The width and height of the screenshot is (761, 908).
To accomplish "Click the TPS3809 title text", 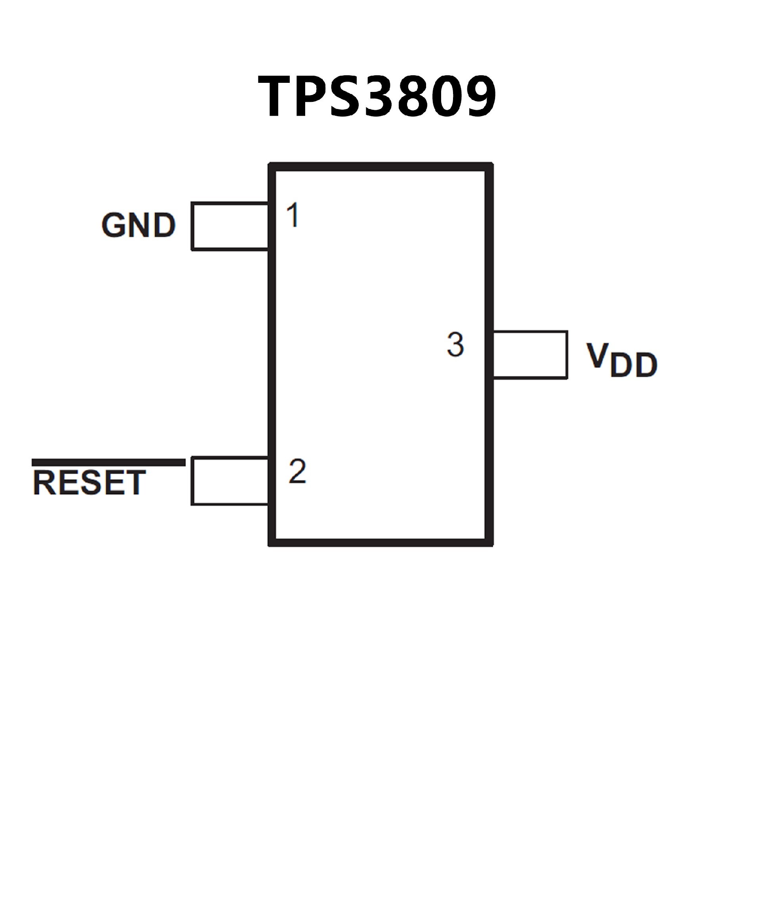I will (x=377, y=96).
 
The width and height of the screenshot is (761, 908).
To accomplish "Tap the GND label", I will (x=138, y=225).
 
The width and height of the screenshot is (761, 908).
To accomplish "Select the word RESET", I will (x=89, y=483).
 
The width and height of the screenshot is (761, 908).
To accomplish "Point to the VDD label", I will (x=621, y=360).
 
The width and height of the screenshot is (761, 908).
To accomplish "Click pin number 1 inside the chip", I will (x=293, y=215).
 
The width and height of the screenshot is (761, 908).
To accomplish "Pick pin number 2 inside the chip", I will (x=298, y=471).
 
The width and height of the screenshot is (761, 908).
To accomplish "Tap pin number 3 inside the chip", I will (x=455, y=344).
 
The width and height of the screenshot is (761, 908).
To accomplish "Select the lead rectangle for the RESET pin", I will (x=229, y=481).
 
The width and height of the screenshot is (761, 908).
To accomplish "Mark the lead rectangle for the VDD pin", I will (x=530, y=355).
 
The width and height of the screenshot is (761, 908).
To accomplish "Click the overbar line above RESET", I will (x=109, y=463).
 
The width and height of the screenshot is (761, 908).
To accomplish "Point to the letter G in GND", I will (x=114, y=225).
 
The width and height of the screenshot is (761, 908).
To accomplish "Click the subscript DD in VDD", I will (x=633, y=365).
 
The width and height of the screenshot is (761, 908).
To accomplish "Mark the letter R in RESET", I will (x=43, y=483).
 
